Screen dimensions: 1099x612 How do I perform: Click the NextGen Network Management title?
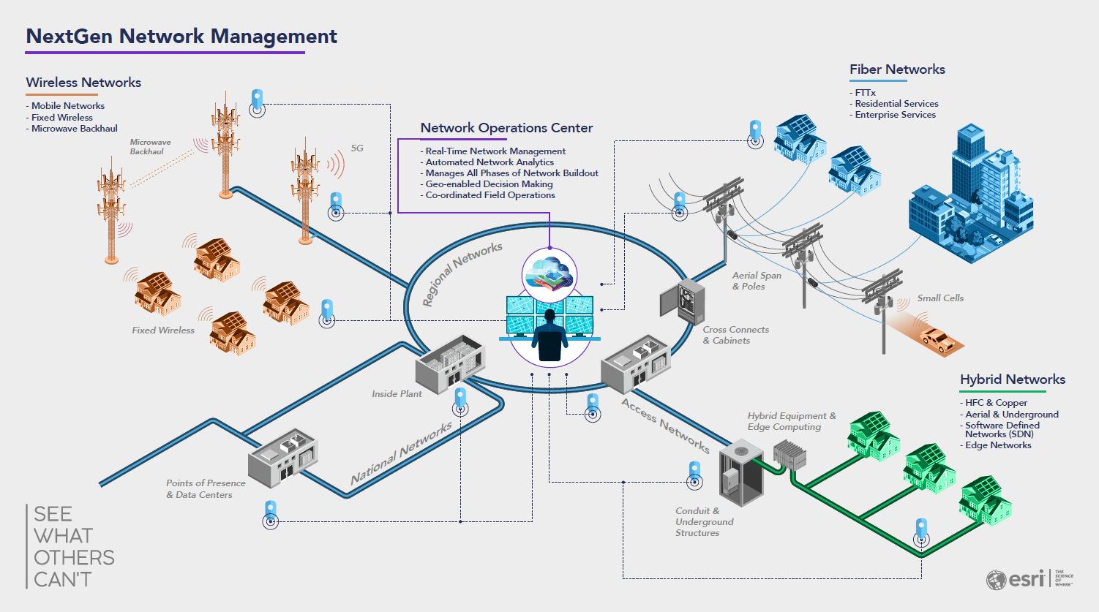pyautogui.click(x=181, y=37)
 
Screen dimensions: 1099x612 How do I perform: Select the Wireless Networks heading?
pyautogui.click(x=83, y=83)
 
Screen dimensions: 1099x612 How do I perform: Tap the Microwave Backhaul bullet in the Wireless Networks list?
pyautogui.click(x=72, y=129)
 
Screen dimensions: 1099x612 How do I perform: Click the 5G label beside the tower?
pyautogui.click(x=357, y=148)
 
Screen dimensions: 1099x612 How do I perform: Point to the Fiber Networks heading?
pyautogui.click(x=897, y=69)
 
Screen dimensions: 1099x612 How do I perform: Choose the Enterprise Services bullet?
pyautogui.click(x=893, y=115)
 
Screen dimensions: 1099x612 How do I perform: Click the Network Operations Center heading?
pyautogui.click(x=507, y=128)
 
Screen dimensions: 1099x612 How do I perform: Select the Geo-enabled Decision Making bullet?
pyautogui.click(x=487, y=184)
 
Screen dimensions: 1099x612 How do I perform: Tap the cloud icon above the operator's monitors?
pyautogui.click(x=549, y=274)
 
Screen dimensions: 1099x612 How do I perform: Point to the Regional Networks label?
pyautogui.click(x=462, y=273)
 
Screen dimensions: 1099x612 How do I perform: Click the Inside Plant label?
pyautogui.click(x=397, y=394)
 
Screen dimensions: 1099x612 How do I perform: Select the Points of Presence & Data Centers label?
pyautogui.click(x=206, y=489)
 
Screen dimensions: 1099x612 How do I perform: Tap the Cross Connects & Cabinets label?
pyautogui.click(x=735, y=335)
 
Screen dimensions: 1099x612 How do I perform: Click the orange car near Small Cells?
pyautogui.click(x=937, y=340)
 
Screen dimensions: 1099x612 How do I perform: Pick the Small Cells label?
pyautogui.click(x=940, y=298)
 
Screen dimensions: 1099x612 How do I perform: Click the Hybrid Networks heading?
pyautogui.click(x=1013, y=379)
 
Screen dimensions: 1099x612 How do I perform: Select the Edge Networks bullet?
pyautogui.click(x=996, y=445)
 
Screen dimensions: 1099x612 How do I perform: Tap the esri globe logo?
pyautogui.click(x=996, y=580)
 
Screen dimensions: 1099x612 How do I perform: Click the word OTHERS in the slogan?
pyautogui.click(x=74, y=558)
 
